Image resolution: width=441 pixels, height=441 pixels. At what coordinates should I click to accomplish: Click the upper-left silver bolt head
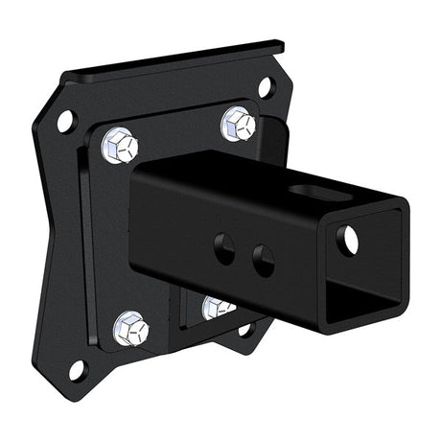(x=119, y=146)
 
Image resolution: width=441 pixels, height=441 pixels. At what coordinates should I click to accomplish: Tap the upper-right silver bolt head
(x=238, y=124)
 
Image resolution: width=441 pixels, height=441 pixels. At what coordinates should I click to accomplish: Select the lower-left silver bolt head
(x=130, y=330)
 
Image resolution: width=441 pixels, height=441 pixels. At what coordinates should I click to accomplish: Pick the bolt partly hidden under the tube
(x=219, y=308)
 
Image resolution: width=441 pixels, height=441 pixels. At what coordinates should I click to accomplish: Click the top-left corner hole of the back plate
(x=65, y=121)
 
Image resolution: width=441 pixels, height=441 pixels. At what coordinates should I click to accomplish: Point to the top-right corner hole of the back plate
(x=265, y=87)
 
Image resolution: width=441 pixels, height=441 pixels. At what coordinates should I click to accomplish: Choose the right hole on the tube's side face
(x=262, y=258)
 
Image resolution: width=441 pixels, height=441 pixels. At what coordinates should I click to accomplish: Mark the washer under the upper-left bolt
(x=107, y=153)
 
